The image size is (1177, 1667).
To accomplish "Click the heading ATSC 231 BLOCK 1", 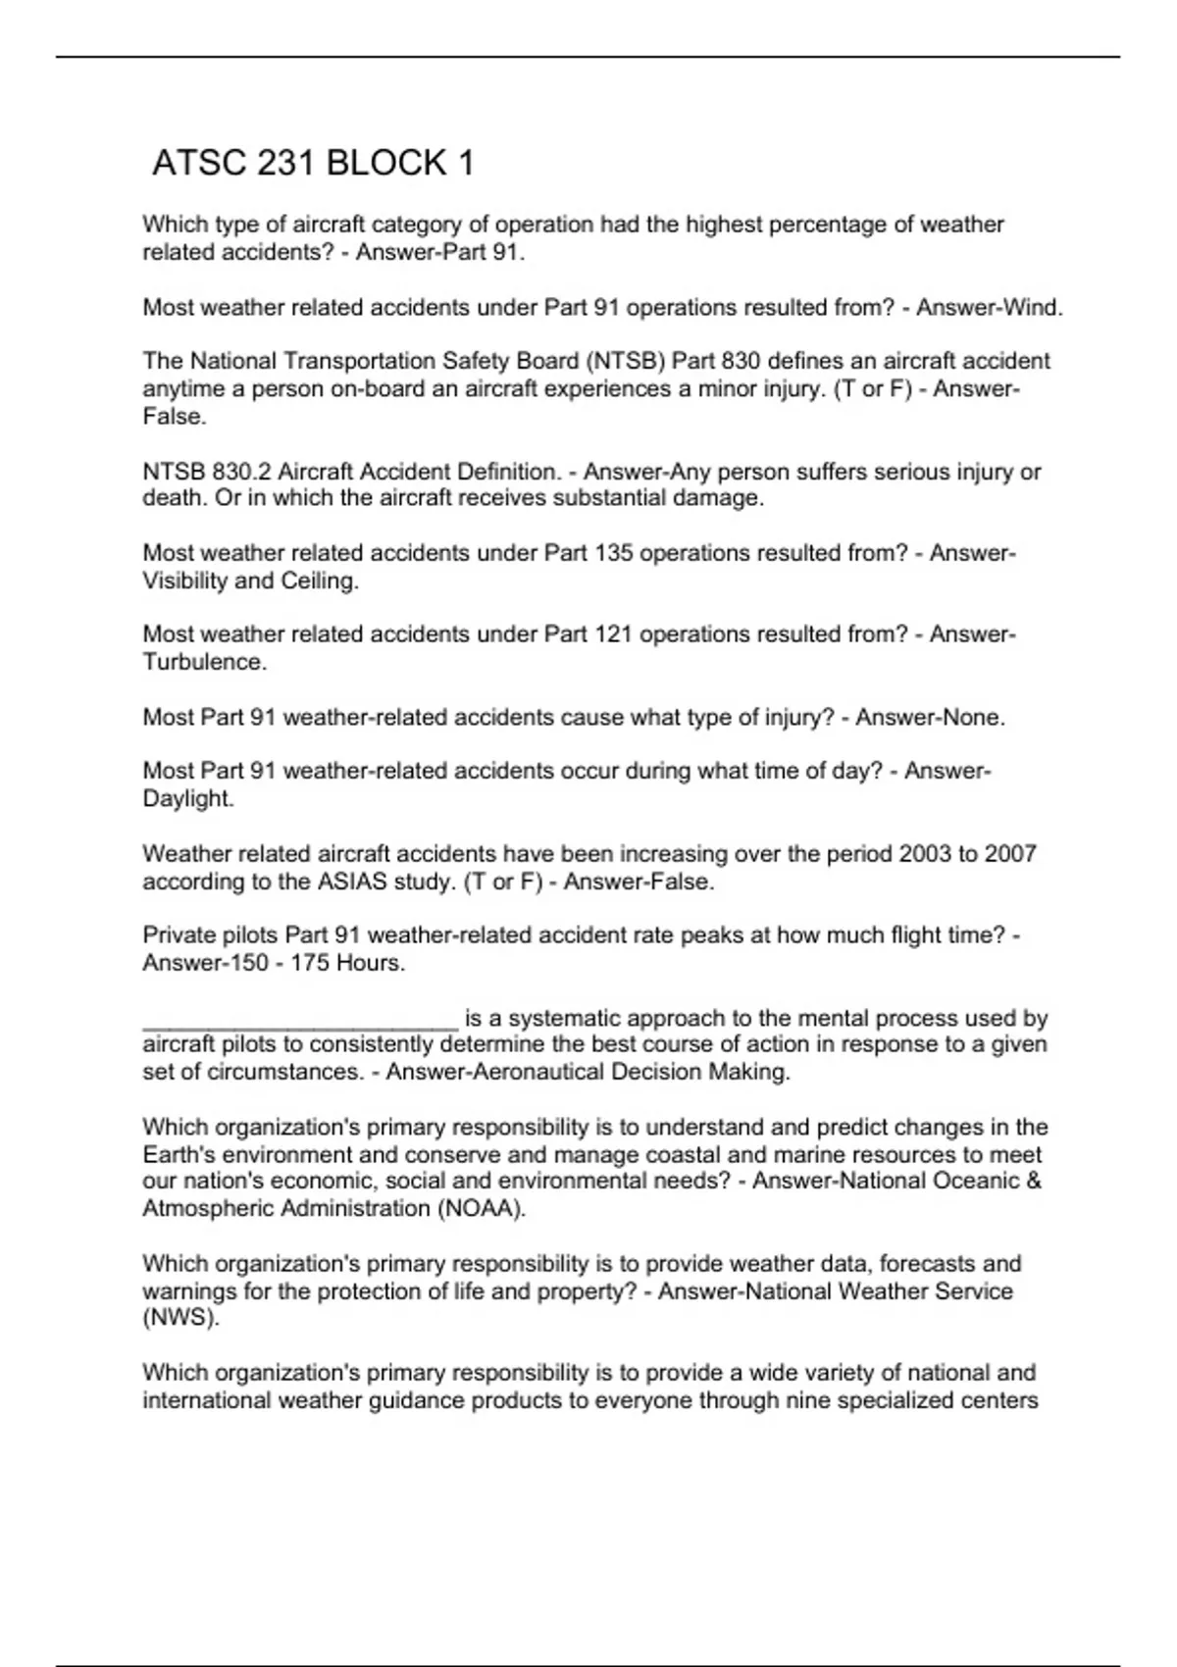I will click(313, 163).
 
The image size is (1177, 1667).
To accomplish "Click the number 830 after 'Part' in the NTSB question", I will click(741, 362).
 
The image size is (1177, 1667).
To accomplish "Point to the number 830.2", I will click(241, 472).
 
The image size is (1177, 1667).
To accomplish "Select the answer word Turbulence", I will click(204, 662).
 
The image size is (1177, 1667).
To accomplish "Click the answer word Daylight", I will click(188, 799).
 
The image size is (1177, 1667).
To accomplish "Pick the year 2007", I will click(1010, 854).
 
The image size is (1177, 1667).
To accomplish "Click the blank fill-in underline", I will click(300, 1024).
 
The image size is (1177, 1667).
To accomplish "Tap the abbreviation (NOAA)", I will click(481, 1208).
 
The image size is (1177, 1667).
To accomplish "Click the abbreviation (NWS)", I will click(181, 1318).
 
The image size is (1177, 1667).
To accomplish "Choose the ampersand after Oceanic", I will click(1033, 1181).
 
